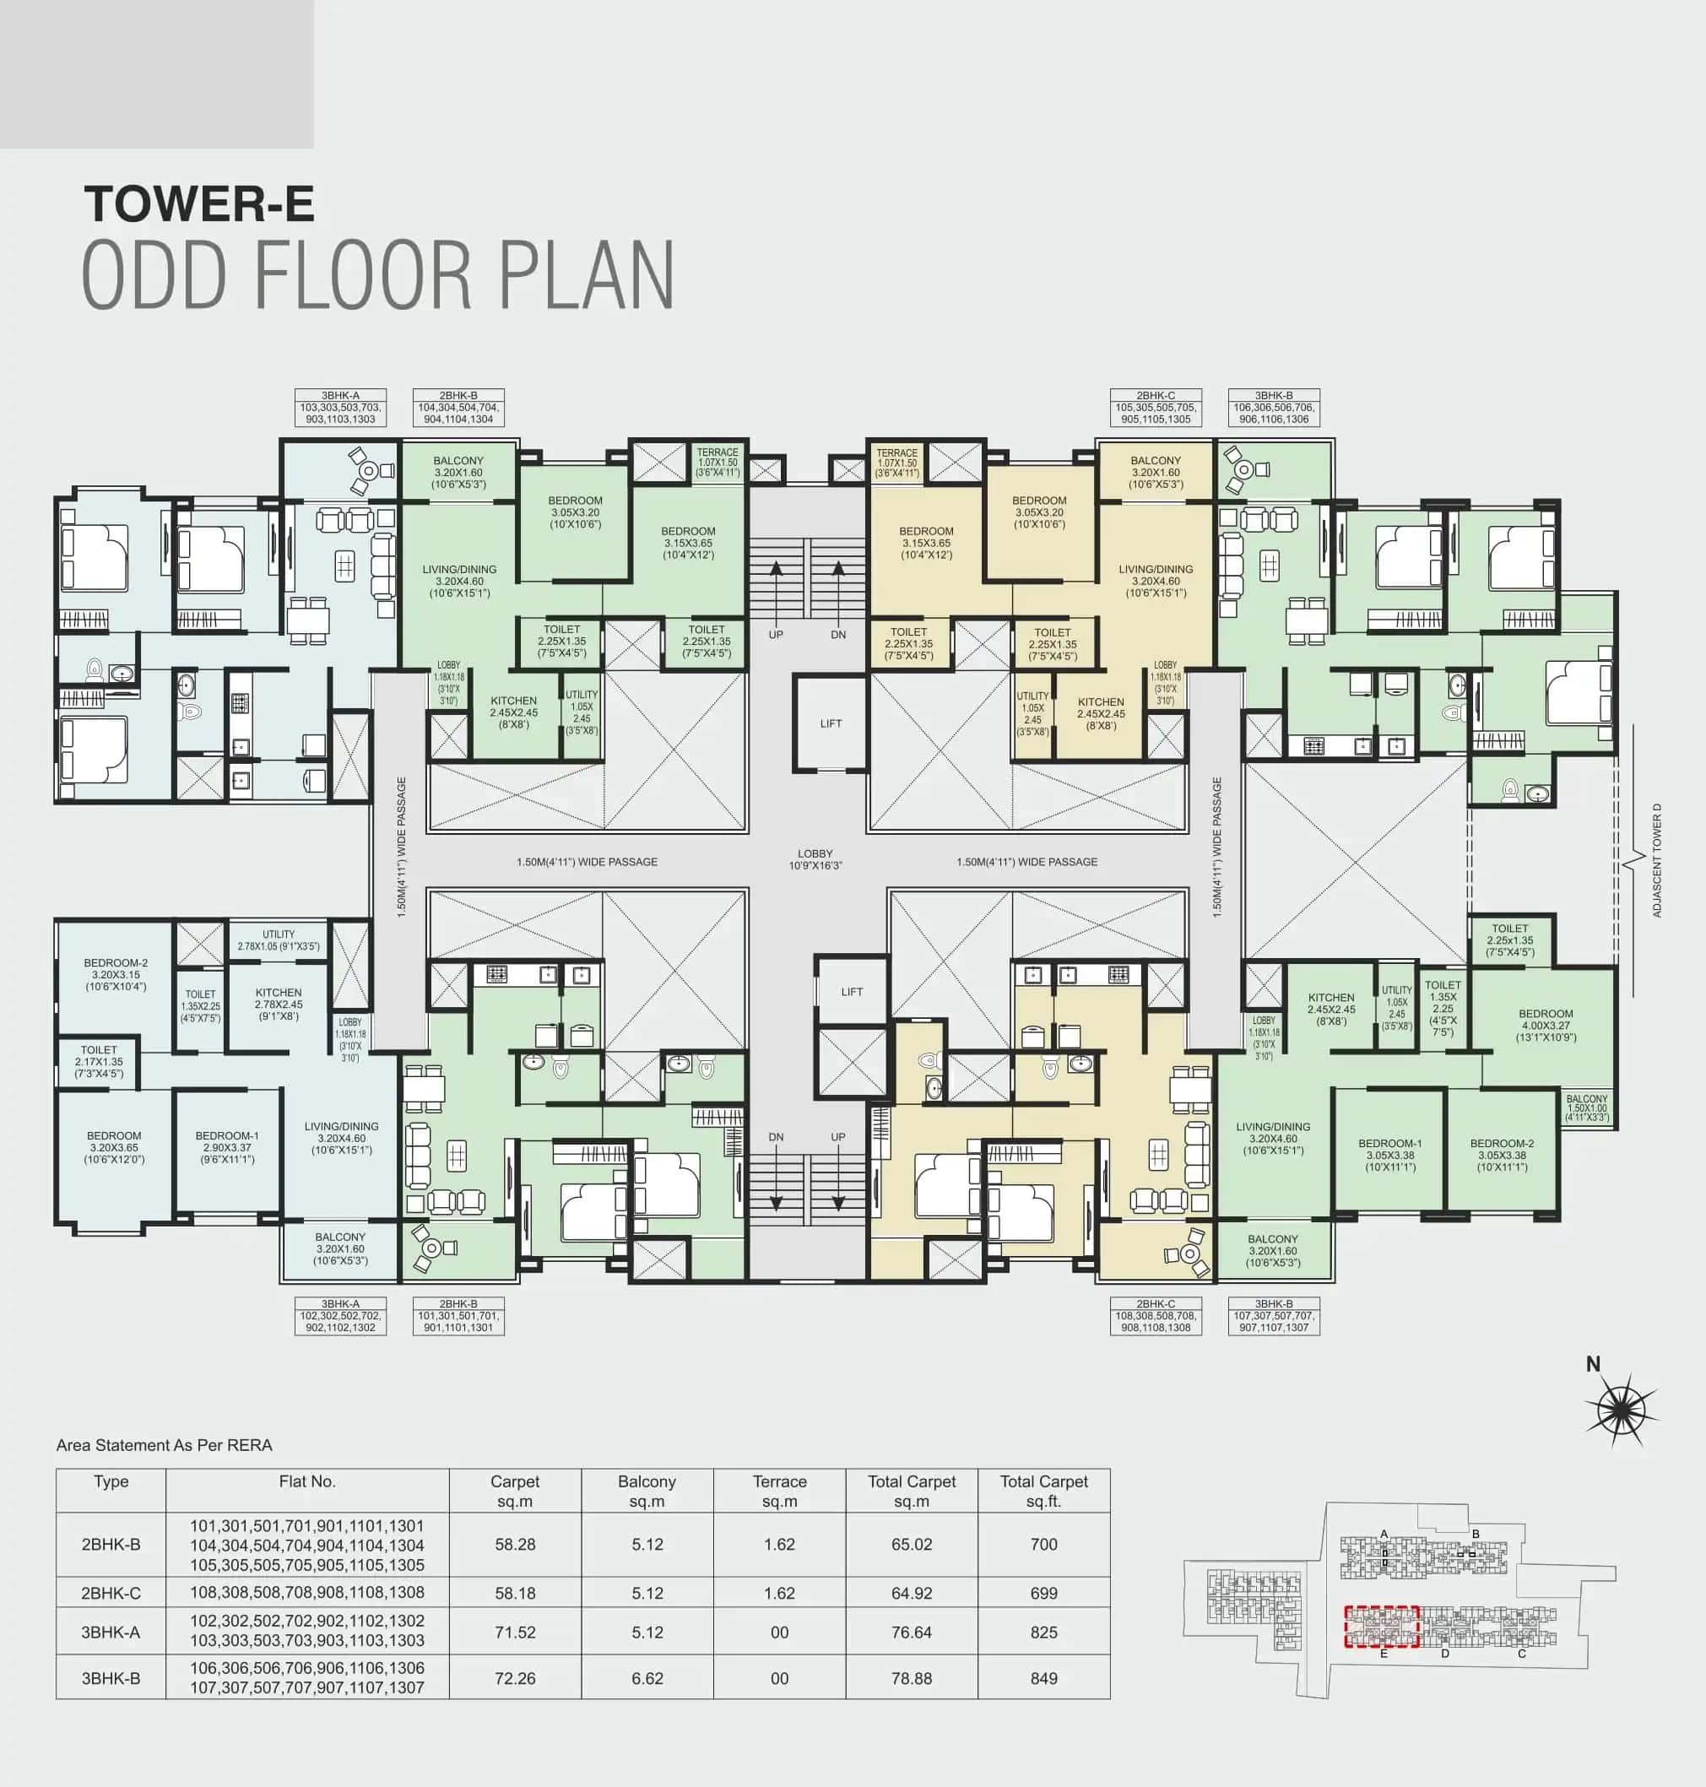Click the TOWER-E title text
(x=199, y=204)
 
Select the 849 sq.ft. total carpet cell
(x=1043, y=1678)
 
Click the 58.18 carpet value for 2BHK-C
(x=515, y=1594)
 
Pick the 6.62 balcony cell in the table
(x=647, y=1678)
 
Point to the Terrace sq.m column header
(x=779, y=1491)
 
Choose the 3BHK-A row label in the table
(x=111, y=1633)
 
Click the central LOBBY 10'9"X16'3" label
(x=815, y=859)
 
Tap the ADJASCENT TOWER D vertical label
(x=1657, y=860)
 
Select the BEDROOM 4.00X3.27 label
(x=1545, y=1025)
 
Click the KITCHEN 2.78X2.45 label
(x=279, y=1004)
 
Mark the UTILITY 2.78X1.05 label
(x=279, y=940)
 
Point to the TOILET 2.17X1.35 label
(x=99, y=1061)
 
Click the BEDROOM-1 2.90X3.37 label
(x=227, y=1147)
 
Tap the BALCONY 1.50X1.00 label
(x=1587, y=1107)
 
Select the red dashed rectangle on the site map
(x=1382, y=1627)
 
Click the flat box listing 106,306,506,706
(x=1273, y=409)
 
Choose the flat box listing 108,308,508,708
(x=1155, y=1316)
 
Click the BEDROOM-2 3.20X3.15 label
(x=116, y=974)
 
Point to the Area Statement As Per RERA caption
(x=165, y=1445)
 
